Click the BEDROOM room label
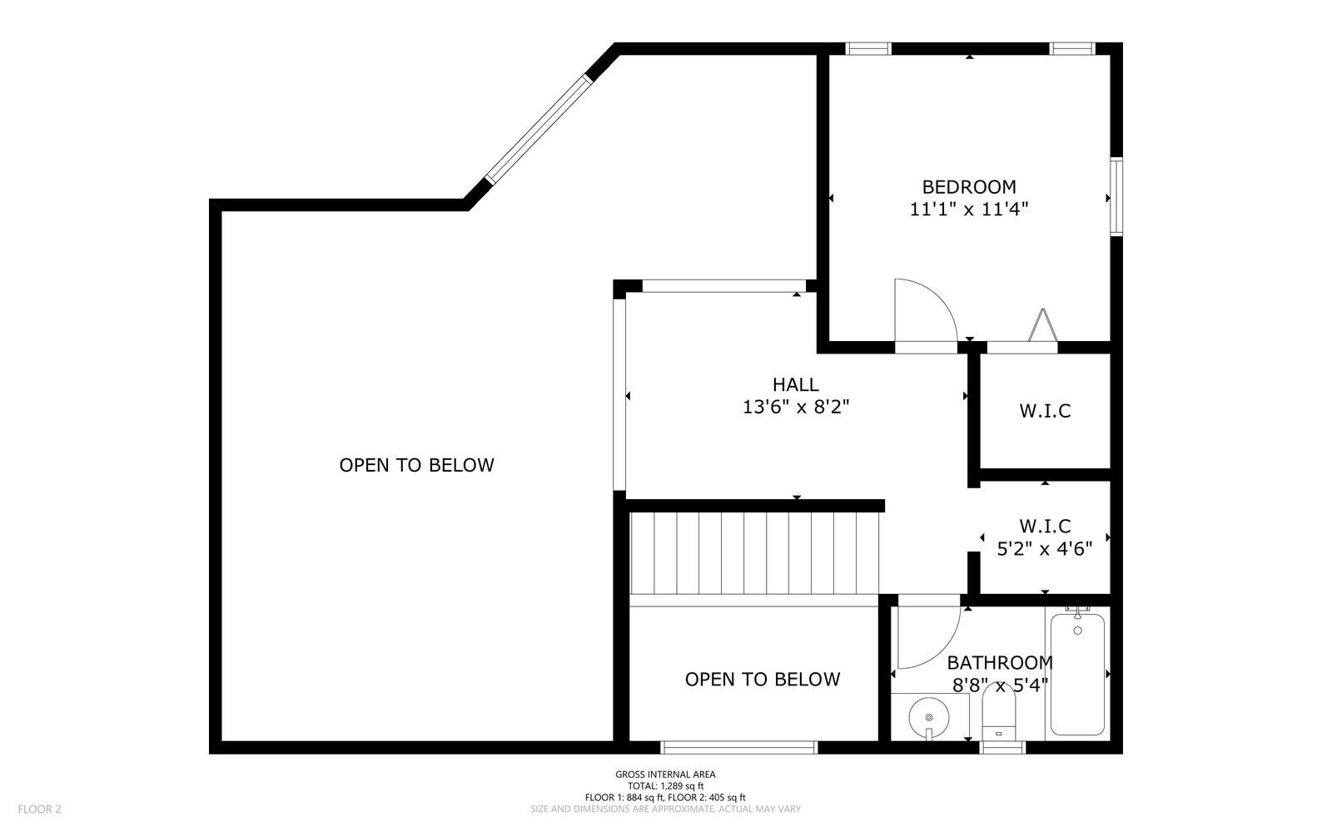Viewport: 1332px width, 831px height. pos(968,187)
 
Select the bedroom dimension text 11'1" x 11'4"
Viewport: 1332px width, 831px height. pos(968,210)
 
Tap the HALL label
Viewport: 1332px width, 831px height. pos(795,384)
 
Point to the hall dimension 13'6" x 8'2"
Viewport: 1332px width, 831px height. pos(795,408)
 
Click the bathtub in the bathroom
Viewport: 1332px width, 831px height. pos(1077,674)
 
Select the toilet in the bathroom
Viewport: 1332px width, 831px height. pos(999,715)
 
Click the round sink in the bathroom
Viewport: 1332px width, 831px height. pos(928,715)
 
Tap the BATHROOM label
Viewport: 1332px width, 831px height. pos(999,663)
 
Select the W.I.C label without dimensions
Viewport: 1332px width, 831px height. pos(1045,411)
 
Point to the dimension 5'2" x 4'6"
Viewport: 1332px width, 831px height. pos(1045,548)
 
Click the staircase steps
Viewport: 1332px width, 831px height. pos(753,553)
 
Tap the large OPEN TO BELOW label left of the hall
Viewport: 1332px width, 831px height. pos(416,465)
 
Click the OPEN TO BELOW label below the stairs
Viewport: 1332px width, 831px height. pos(762,680)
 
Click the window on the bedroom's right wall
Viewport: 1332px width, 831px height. pos(1116,197)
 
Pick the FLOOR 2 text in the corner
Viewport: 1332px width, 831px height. pos(39,809)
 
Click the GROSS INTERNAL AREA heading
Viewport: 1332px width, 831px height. pos(665,774)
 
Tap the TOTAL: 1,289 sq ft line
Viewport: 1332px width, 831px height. pos(665,785)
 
